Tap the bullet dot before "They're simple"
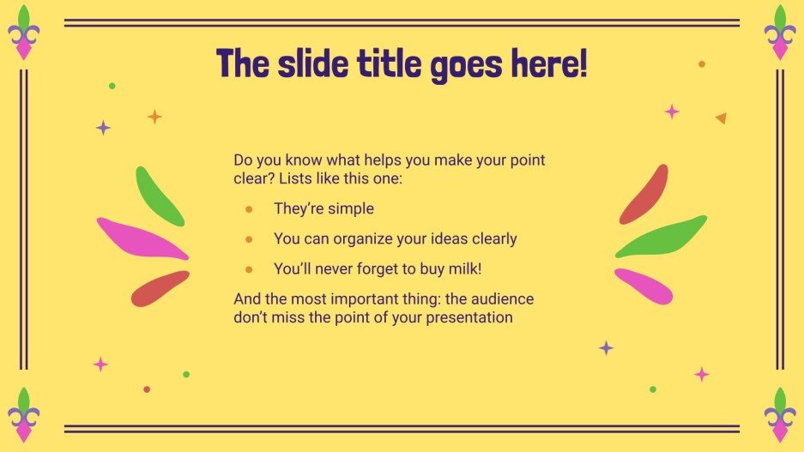[x=249, y=209]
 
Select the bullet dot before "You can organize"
[x=249, y=239]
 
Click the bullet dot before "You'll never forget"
[x=249, y=269]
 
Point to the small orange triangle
[x=721, y=118]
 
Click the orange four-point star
[x=154, y=117]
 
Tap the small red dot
[x=147, y=389]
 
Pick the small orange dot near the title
[x=702, y=64]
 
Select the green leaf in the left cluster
[x=159, y=196]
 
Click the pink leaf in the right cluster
[x=643, y=286]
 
